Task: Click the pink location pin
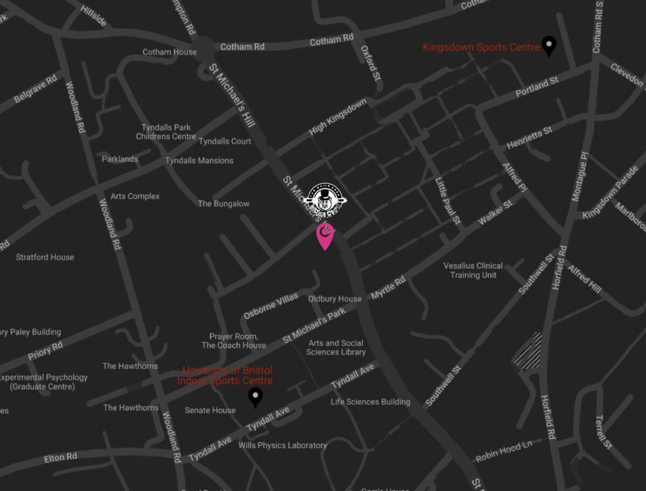point(325,235)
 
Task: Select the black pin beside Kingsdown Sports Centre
point(549,45)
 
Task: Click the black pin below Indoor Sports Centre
point(255,397)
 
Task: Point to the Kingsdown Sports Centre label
point(481,47)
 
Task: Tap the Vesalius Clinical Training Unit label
point(473,270)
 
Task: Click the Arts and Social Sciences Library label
point(336,348)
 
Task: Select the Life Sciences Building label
point(370,402)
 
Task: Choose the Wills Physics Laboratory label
point(284,445)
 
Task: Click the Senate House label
point(210,410)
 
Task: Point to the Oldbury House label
point(335,299)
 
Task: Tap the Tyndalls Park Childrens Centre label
point(166,132)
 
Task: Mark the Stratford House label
point(45,257)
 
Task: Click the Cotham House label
point(170,52)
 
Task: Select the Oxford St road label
point(371,61)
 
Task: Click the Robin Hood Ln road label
point(504,452)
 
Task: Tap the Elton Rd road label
point(61,458)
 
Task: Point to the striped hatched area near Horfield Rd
point(528,351)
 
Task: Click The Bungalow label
point(223,204)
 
